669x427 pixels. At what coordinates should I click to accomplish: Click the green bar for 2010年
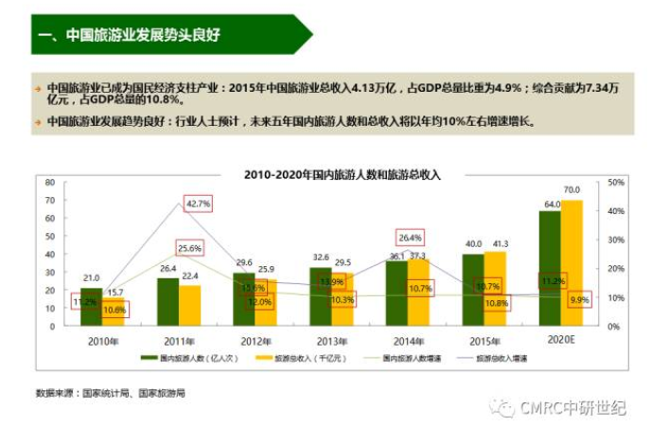coord(91,305)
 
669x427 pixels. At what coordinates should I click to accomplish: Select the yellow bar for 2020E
coord(572,263)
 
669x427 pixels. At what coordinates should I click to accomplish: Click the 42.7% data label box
coord(199,204)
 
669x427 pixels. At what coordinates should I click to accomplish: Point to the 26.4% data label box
coord(411,238)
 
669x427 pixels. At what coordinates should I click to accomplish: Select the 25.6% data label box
coord(189,248)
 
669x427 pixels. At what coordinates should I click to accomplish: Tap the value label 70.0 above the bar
coord(572,190)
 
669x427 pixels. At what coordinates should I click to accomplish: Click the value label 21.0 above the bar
coord(91,277)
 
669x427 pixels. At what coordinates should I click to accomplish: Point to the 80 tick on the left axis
coord(50,181)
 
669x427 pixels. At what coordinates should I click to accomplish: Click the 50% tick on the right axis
coord(616,182)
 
